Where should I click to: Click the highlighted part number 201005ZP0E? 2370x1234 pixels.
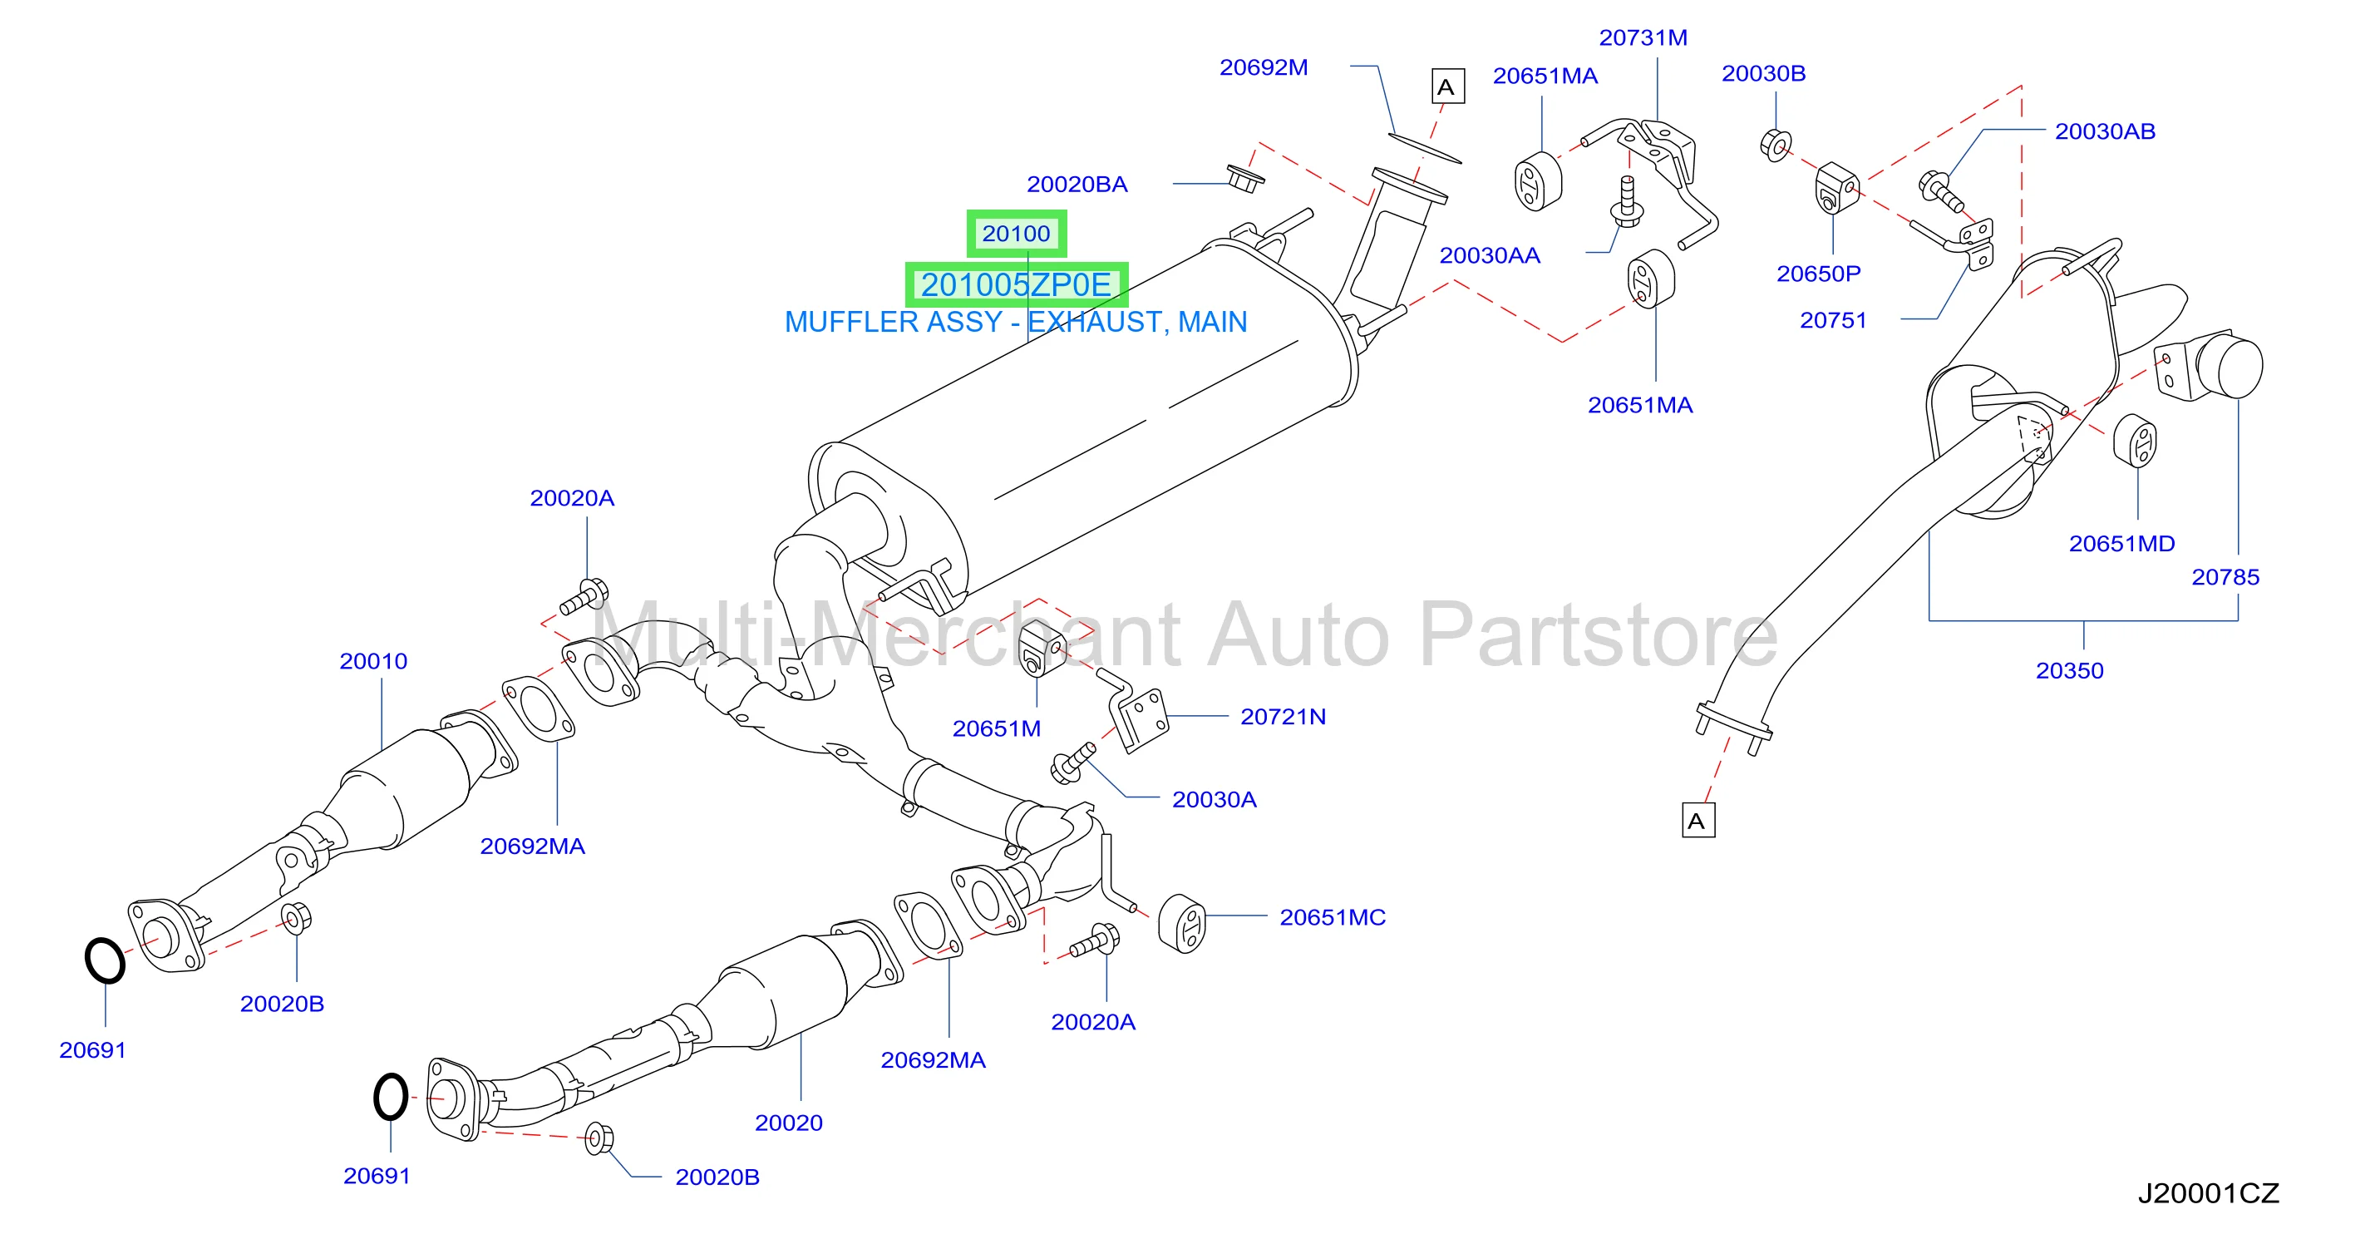tap(1016, 284)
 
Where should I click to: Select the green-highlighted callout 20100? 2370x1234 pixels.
tap(1016, 234)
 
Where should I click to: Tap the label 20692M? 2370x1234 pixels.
tap(1264, 67)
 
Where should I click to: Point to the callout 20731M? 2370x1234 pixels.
tap(1643, 37)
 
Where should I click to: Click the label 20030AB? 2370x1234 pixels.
tap(2105, 131)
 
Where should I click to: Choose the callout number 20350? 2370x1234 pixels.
tap(2069, 670)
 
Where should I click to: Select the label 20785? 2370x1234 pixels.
tap(2225, 577)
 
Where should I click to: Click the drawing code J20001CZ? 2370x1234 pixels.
tap(2208, 1193)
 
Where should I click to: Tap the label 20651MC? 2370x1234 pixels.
tap(1333, 917)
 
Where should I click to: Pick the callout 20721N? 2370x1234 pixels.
tap(1283, 717)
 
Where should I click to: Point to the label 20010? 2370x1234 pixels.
tap(372, 661)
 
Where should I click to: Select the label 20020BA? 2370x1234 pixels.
tap(1077, 184)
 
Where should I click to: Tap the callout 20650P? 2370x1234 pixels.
tap(1818, 274)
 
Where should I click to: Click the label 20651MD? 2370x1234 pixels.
tap(2121, 544)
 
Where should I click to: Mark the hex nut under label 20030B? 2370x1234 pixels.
tap(1776, 146)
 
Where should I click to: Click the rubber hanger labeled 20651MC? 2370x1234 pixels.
tap(1181, 924)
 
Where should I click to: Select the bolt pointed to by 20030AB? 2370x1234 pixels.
tap(1940, 190)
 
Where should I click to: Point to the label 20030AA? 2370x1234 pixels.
tap(1490, 255)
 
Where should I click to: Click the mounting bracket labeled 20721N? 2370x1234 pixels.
tap(1137, 713)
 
